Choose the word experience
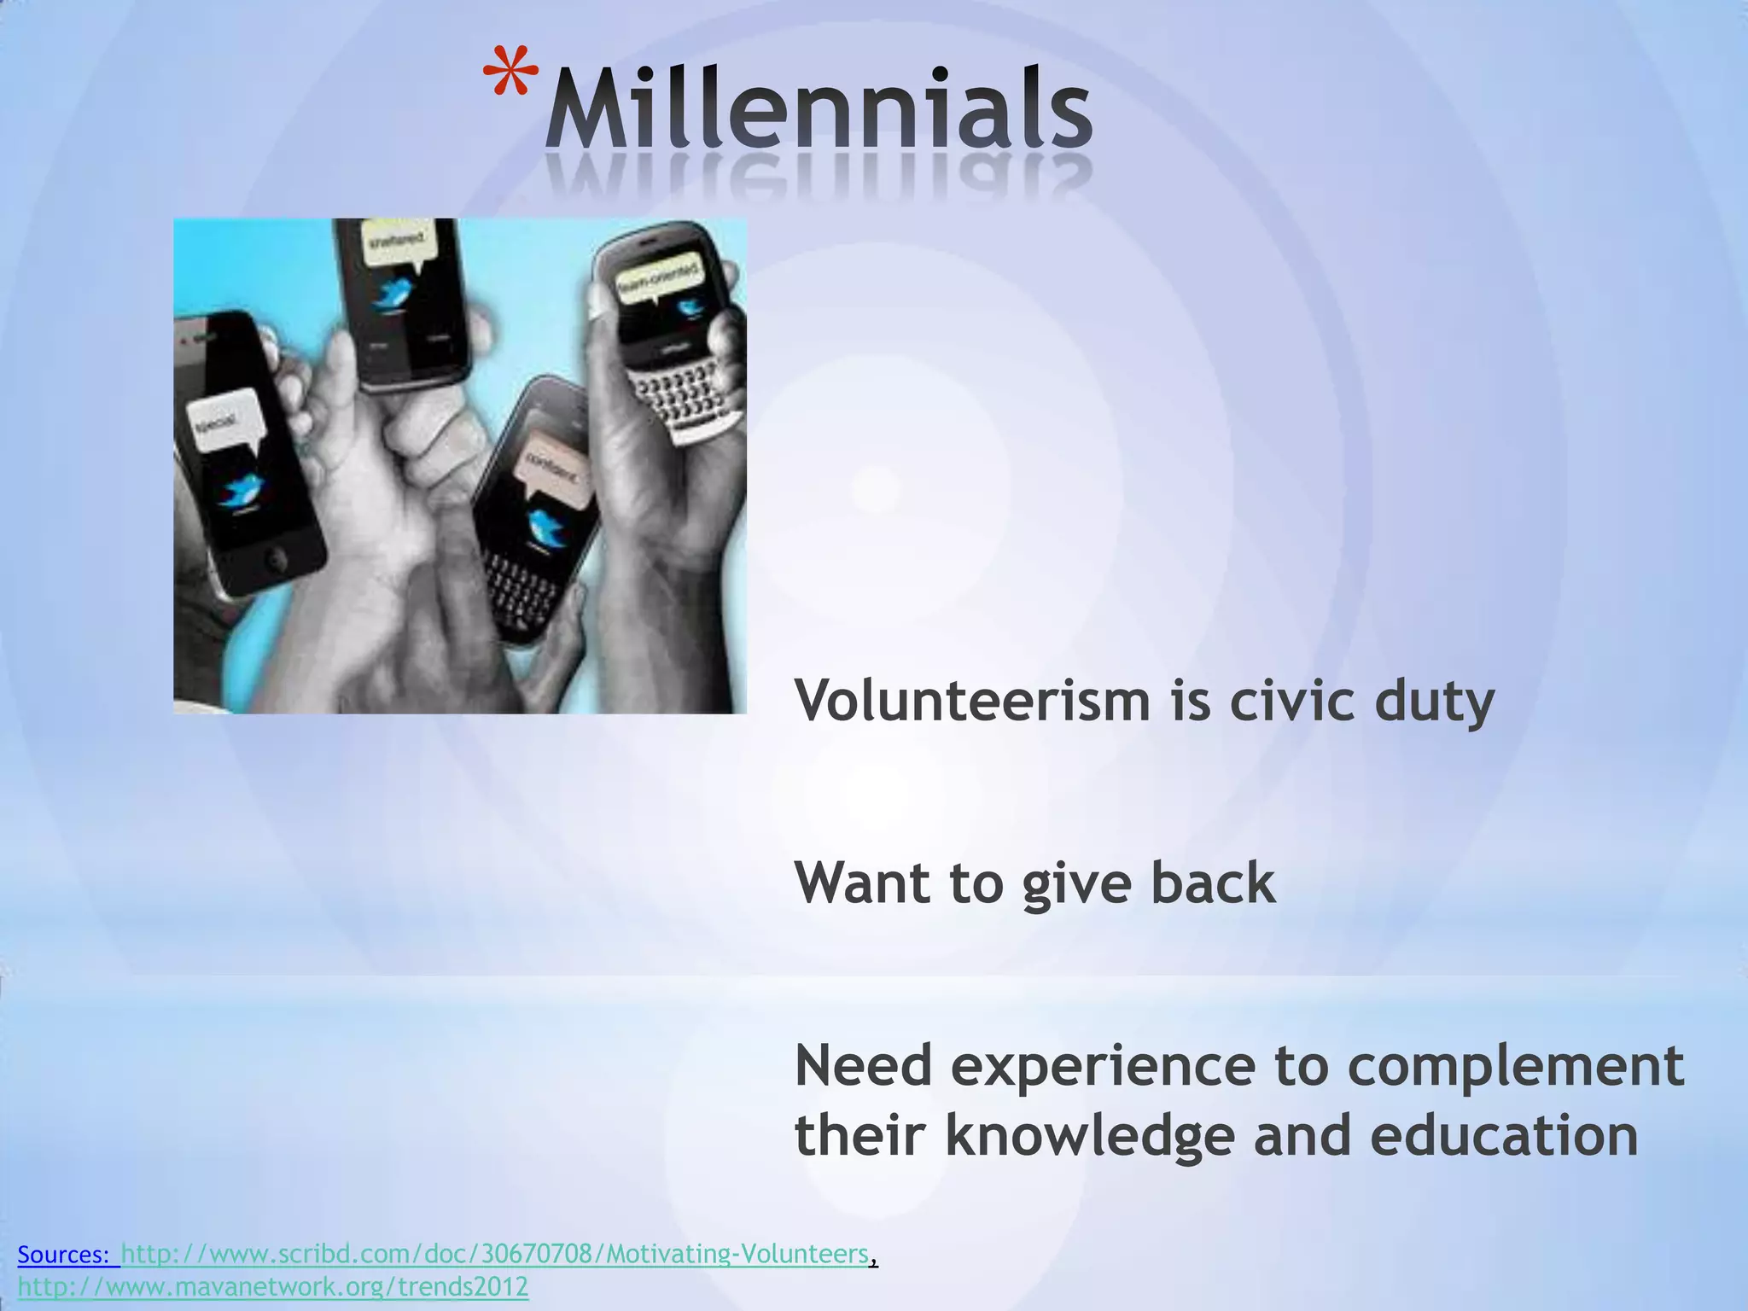click(x=1102, y=1068)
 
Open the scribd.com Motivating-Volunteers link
click(x=495, y=1254)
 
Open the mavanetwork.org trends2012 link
click(x=273, y=1286)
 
